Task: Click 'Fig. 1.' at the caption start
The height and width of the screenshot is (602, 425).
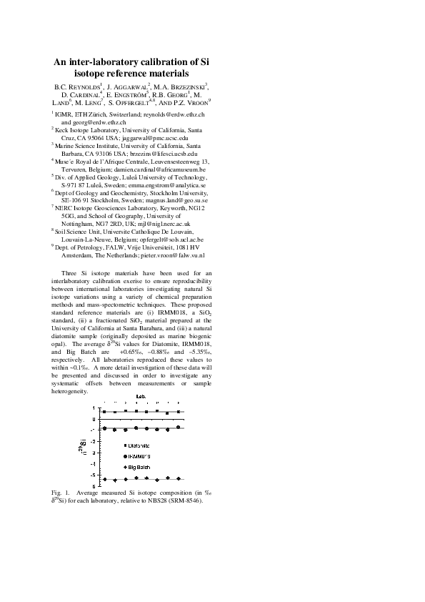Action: point(62,493)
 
